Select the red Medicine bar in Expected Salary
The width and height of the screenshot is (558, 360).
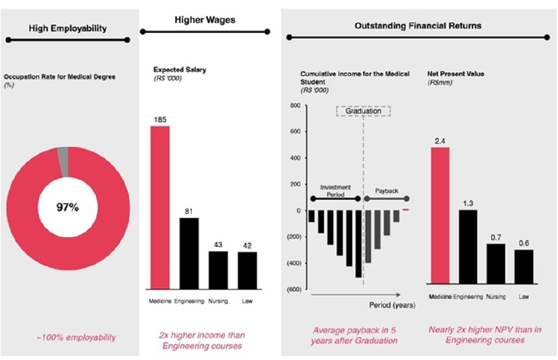(161, 208)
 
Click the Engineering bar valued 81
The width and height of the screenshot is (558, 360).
(189, 254)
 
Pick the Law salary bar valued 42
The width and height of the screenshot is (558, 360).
(247, 270)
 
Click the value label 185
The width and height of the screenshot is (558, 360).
(161, 120)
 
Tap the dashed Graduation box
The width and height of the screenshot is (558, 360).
(364, 111)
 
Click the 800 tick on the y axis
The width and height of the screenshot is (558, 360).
(294, 105)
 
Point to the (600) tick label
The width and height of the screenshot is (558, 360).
(293, 289)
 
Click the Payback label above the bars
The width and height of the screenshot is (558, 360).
(388, 191)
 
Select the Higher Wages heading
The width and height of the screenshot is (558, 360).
(205, 20)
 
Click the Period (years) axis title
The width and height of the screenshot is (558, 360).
(392, 304)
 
